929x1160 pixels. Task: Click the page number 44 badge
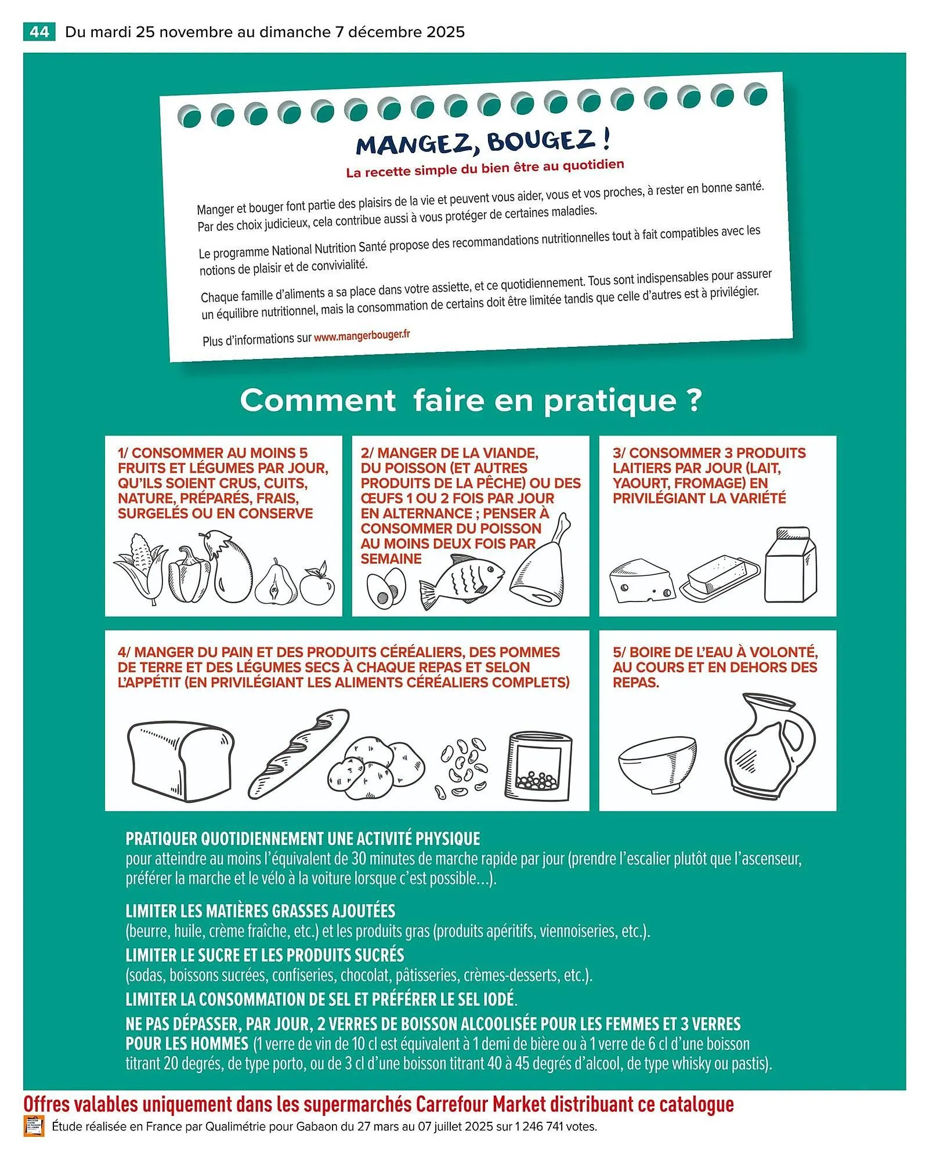click(x=39, y=31)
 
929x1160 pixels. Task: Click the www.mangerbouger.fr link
click(x=362, y=336)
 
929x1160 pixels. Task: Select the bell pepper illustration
click(x=189, y=575)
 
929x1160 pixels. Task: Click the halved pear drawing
click(x=276, y=583)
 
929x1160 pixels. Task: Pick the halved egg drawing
click(x=385, y=588)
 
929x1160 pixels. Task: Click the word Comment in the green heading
click(x=317, y=400)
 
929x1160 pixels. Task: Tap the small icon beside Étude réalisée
click(x=34, y=1126)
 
